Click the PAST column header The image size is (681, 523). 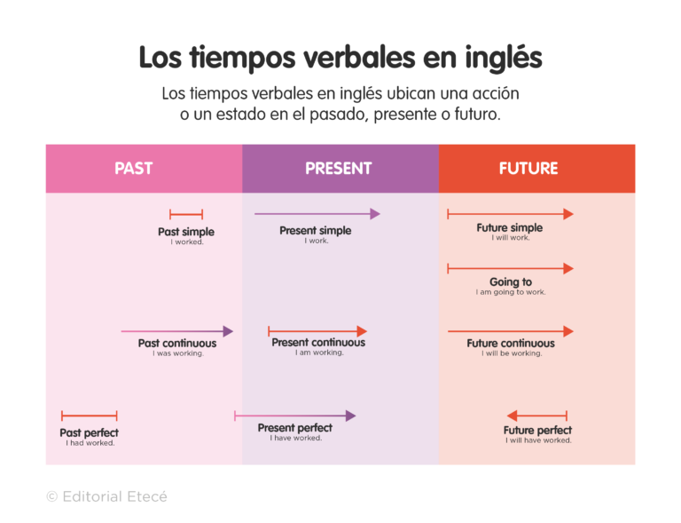tap(134, 168)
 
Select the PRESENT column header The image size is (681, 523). tap(339, 168)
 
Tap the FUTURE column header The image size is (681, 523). tap(528, 168)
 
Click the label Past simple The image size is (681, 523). tap(186, 232)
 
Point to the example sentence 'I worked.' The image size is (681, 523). tap(187, 242)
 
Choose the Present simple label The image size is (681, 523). tap(316, 231)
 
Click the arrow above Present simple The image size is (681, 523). tap(317, 214)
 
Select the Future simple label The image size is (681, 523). tap(510, 228)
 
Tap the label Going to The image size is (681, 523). tap(511, 282)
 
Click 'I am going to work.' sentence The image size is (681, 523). tap(511, 292)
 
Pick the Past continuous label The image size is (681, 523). tap(177, 344)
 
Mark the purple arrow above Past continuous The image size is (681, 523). tap(176, 331)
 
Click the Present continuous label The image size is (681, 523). tap(318, 343)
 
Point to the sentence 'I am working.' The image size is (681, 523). tap(319, 353)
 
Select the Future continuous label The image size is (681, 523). tap(511, 344)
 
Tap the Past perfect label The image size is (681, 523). tap(90, 433)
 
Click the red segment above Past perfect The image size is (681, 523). tap(90, 416)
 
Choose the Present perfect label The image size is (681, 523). tap(295, 428)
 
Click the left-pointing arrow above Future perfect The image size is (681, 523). tap(537, 416)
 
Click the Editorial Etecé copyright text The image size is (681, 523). tap(106, 496)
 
